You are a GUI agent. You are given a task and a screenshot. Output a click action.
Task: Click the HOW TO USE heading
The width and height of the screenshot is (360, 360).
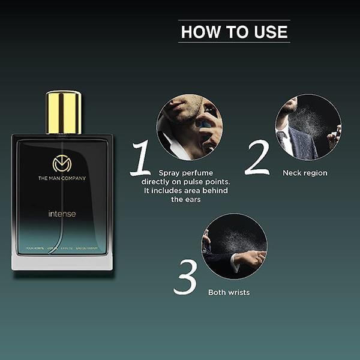pyautogui.click(x=235, y=32)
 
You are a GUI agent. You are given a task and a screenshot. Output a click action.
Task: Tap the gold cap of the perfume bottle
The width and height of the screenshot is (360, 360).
pyautogui.click(x=64, y=112)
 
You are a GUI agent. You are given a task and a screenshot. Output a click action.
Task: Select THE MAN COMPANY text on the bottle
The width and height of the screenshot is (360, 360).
pyautogui.click(x=62, y=178)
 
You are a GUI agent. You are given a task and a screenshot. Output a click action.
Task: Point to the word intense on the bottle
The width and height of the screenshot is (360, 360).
pyautogui.click(x=62, y=214)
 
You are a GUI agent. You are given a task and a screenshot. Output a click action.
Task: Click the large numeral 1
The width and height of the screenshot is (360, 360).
pyautogui.click(x=141, y=158)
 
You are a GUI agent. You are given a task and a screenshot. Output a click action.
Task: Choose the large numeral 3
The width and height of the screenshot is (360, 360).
pyautogui.click(x=185, y=277)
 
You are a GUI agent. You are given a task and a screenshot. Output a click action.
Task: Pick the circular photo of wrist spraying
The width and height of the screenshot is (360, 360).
pyautogui.click(x=234, y=246)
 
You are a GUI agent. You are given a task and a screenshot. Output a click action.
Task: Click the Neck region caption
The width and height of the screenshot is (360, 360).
pyautogui.click(x=305, y=173)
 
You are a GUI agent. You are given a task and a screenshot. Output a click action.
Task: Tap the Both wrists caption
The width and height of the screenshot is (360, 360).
pyautogui.click(x=229, y=293)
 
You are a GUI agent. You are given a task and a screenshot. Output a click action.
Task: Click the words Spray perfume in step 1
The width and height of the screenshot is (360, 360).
pyautogui.click(x=181, y=172)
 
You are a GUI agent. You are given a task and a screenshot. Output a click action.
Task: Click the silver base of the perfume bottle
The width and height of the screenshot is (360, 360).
pyautogui.click(x=62, y=262)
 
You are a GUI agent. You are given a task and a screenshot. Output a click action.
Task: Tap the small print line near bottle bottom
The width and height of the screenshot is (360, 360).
pyautogui.click(x=62, y=248)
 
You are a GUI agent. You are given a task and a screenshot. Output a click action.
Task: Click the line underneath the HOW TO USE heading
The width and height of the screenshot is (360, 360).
pyautogui.click(x=235, y=43)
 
